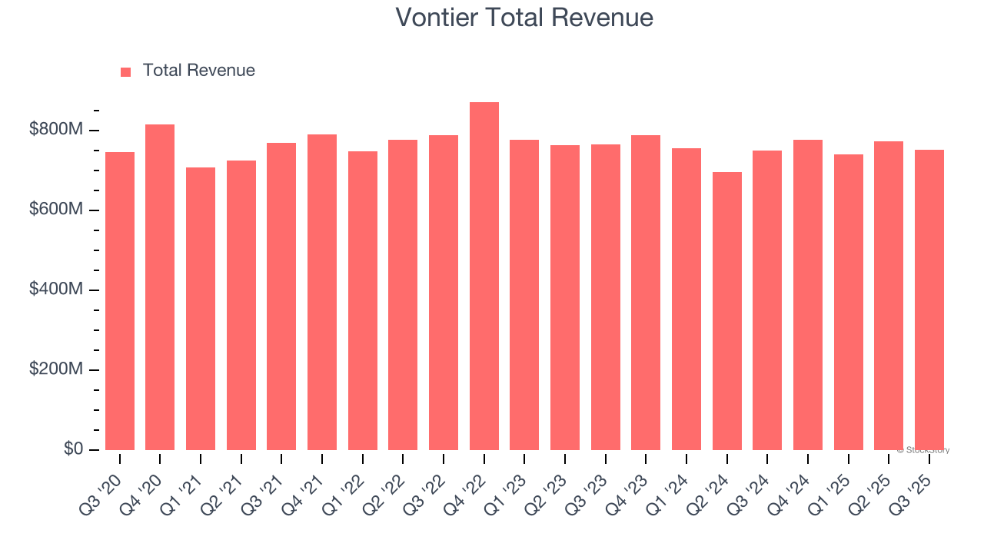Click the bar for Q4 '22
click(x=484, y=276)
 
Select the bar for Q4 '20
click(x=160, y=287)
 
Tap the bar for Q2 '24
click(x=727, y=311)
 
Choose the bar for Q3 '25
click(x=929, y=300)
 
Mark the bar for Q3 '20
click(x=120, y=301)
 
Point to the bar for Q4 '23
click(x=646, y=293)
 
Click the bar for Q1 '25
click(x=849, y=302)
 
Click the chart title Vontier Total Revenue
click(x=524, y=17)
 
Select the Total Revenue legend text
click(x=198, y=71)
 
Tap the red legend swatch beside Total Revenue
click(x=126, y=72)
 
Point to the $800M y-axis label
click(x=56, y=130)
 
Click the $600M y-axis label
click(x=56, y=210)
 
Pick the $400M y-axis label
click(x=56, y=290)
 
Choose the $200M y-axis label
click(x=56, y=369)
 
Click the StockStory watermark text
click(x=923, y=450)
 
